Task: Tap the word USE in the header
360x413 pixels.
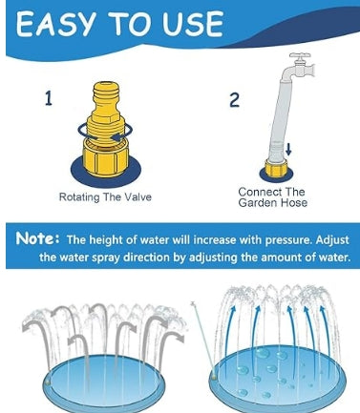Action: (x=192, y=24)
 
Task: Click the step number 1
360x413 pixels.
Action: (x=48, y=98)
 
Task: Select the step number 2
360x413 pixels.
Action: (x=234, y=100)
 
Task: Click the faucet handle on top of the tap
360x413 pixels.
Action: (x=300, y=55)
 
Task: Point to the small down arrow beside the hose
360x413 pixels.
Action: (x=288, y=149)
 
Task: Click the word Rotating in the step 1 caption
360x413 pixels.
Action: (x=79, y=197)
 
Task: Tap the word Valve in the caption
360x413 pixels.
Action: (x=138, y=196)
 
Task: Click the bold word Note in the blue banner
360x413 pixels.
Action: (x=35, y=238)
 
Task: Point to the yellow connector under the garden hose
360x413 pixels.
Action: (x=276, y=168)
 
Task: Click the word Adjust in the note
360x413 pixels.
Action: (x=332, y=240)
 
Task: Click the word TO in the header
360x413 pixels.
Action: (x=128, y=24)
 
